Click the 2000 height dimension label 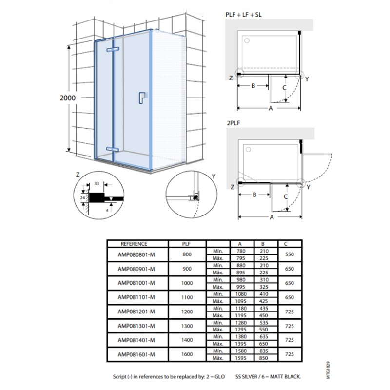[68, 98]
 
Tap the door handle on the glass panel [142, 98]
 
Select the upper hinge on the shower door [113, 49]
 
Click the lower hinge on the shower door [113, 149]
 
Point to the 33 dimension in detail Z [97, 184]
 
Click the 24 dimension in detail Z [82, 198]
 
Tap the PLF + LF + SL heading [243, 15]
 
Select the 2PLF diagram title [234, 123]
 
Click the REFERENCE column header [134, 244]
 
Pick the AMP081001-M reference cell [136, 283]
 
